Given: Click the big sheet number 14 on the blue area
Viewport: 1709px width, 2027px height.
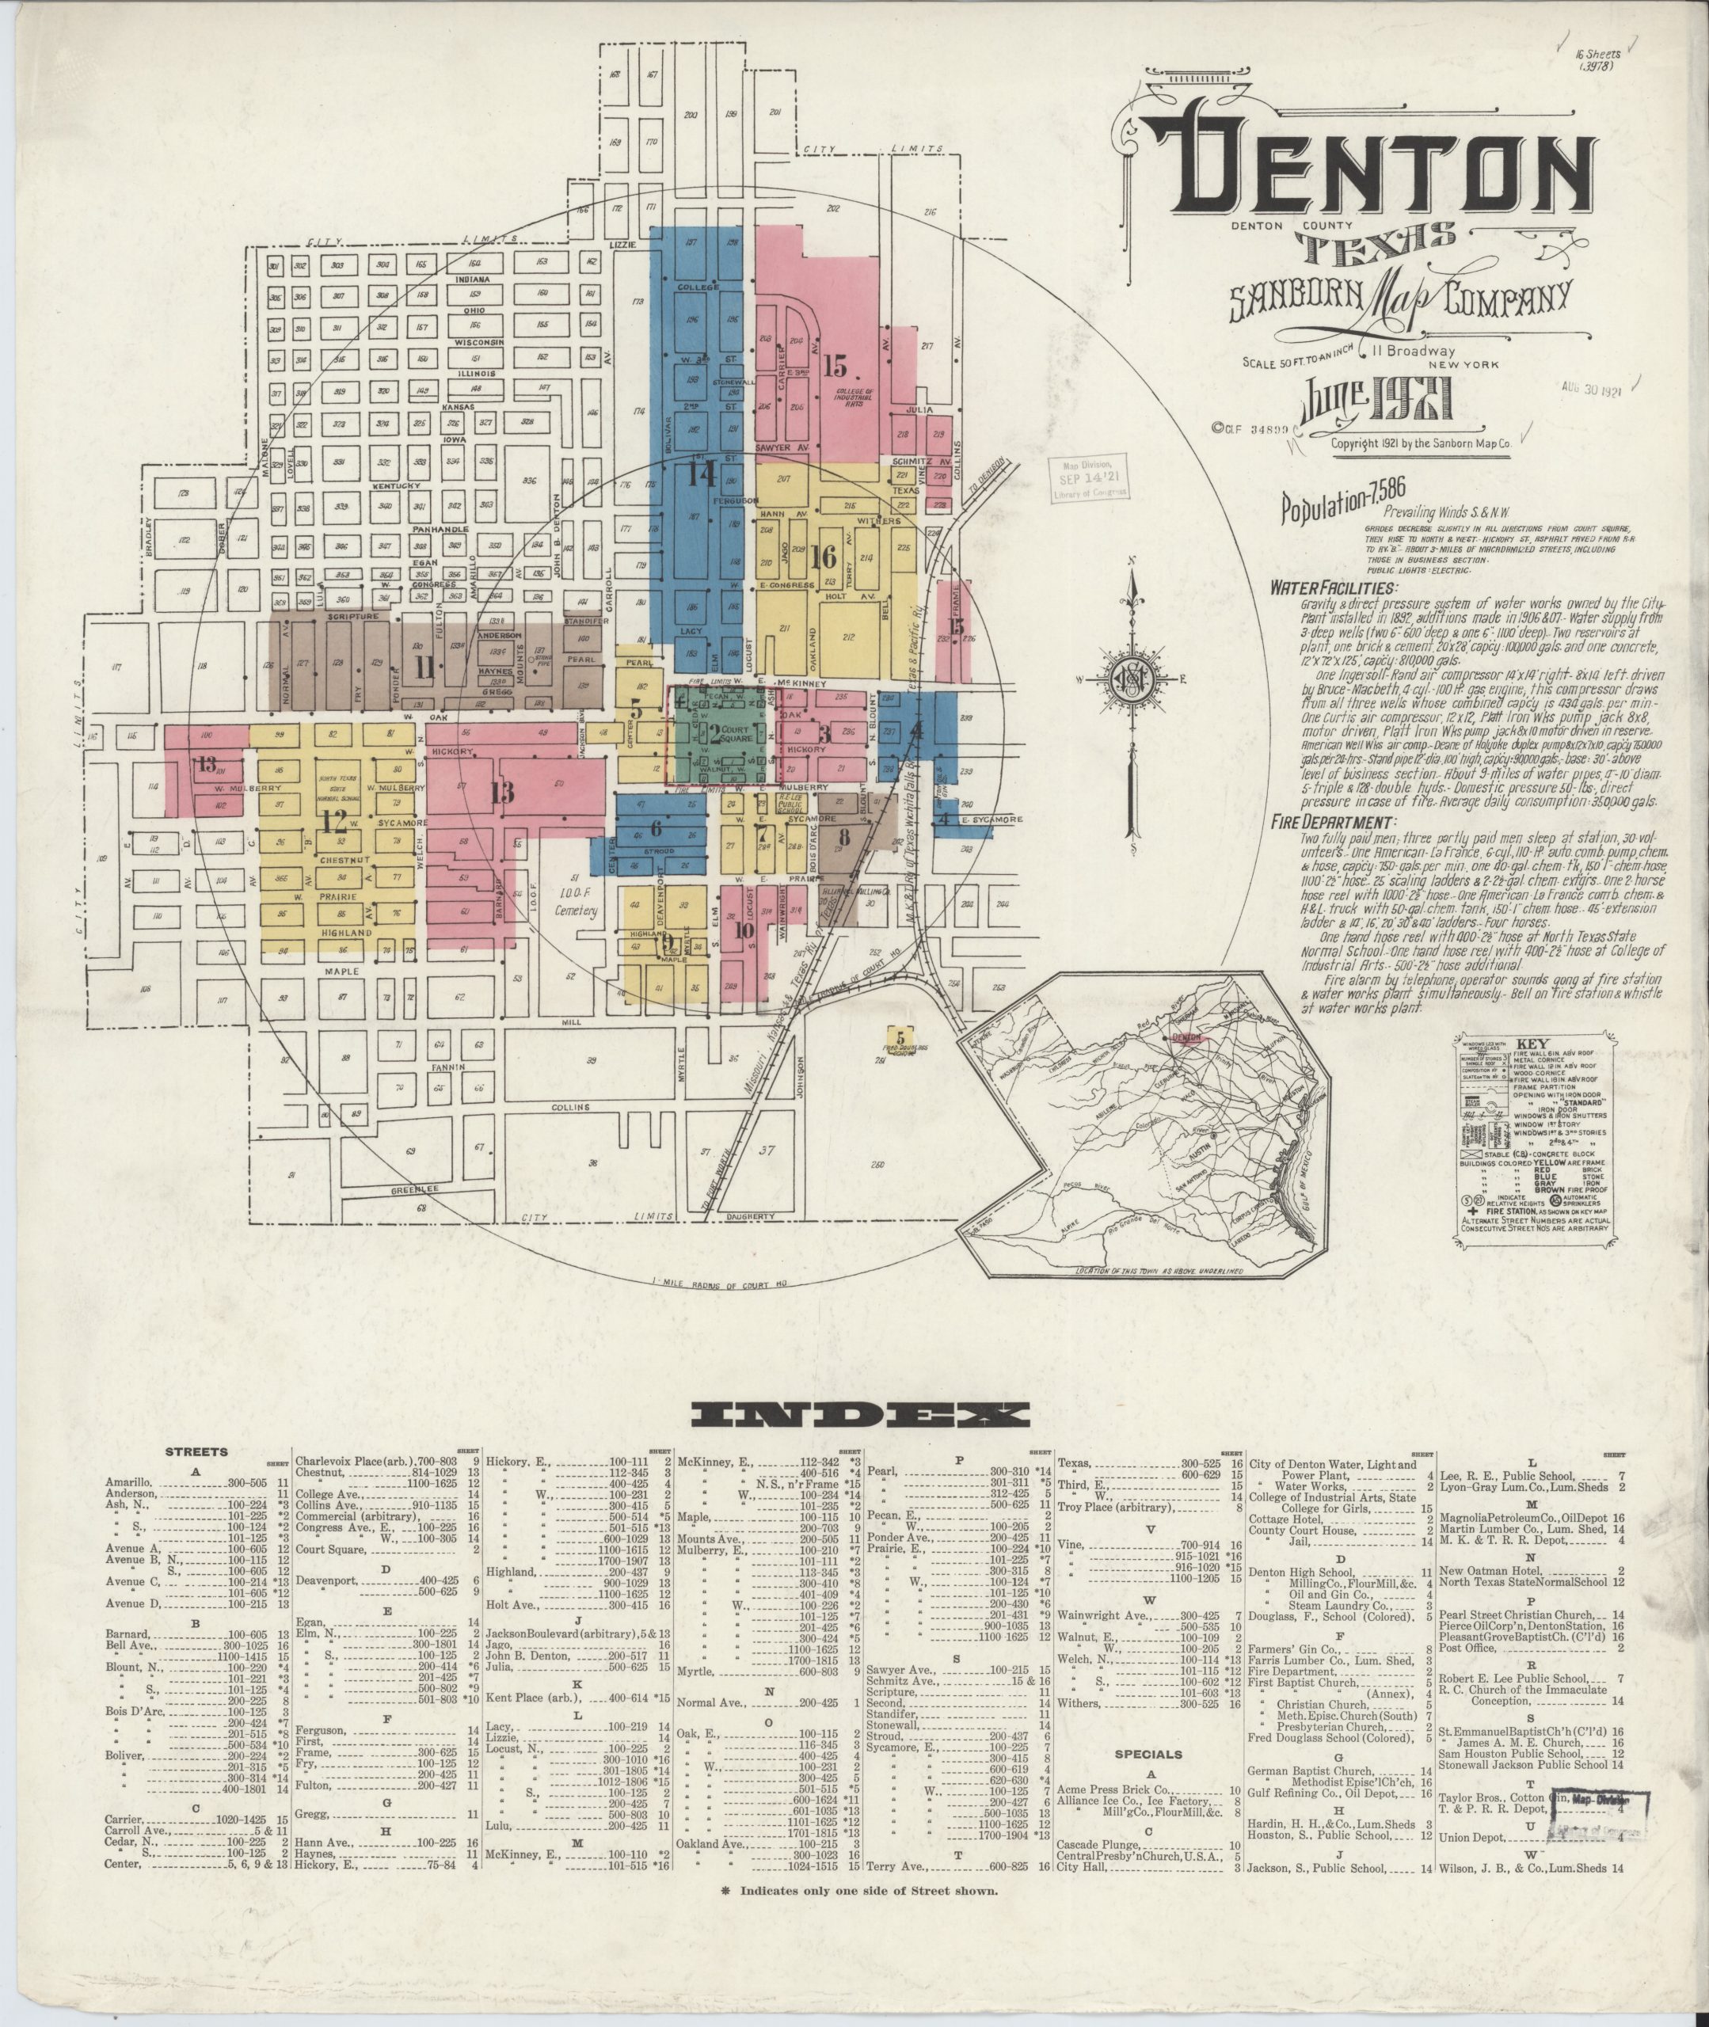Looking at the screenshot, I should point(702,473).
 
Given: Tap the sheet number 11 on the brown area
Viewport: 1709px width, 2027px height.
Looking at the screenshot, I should point(424,667).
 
